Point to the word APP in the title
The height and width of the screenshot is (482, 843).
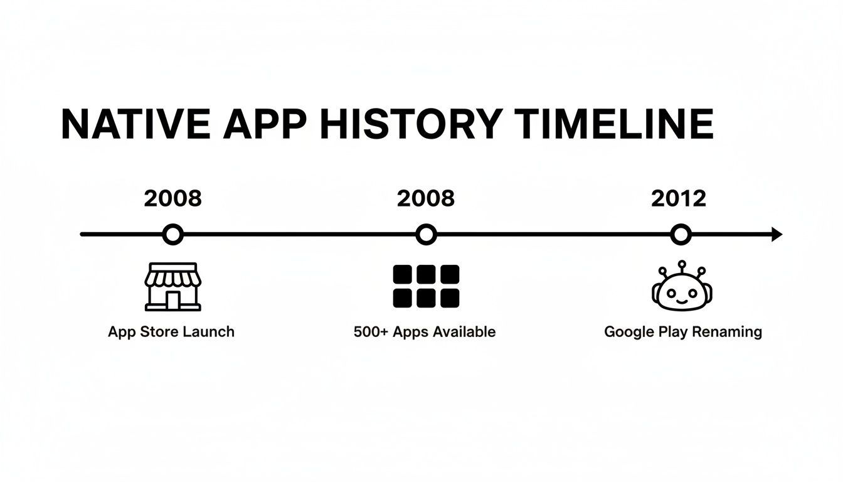pyautogui.click(x=264, y=124)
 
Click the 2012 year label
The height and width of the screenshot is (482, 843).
pyautogui.click(x=679, y=198)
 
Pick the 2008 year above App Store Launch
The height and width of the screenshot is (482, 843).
pyautogui.click(x=172, y=198)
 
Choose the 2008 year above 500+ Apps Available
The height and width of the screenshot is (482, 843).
pyautogui.click(x=426, y=198)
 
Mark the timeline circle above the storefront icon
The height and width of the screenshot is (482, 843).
pyautogui.click(x=172, y=235)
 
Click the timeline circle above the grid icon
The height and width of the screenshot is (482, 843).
pyautogui.click(x=426, y=235)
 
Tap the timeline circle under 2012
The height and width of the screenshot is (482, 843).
pyautogui.click(x=680, y=235)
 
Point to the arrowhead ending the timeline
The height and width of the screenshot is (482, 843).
pyautogui.click(x=777, y=235)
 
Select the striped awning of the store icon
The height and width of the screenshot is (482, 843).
pyautogui.click(x=172, y=276)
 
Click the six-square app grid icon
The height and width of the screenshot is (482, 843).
pyautogui.click(x=426, y=286)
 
